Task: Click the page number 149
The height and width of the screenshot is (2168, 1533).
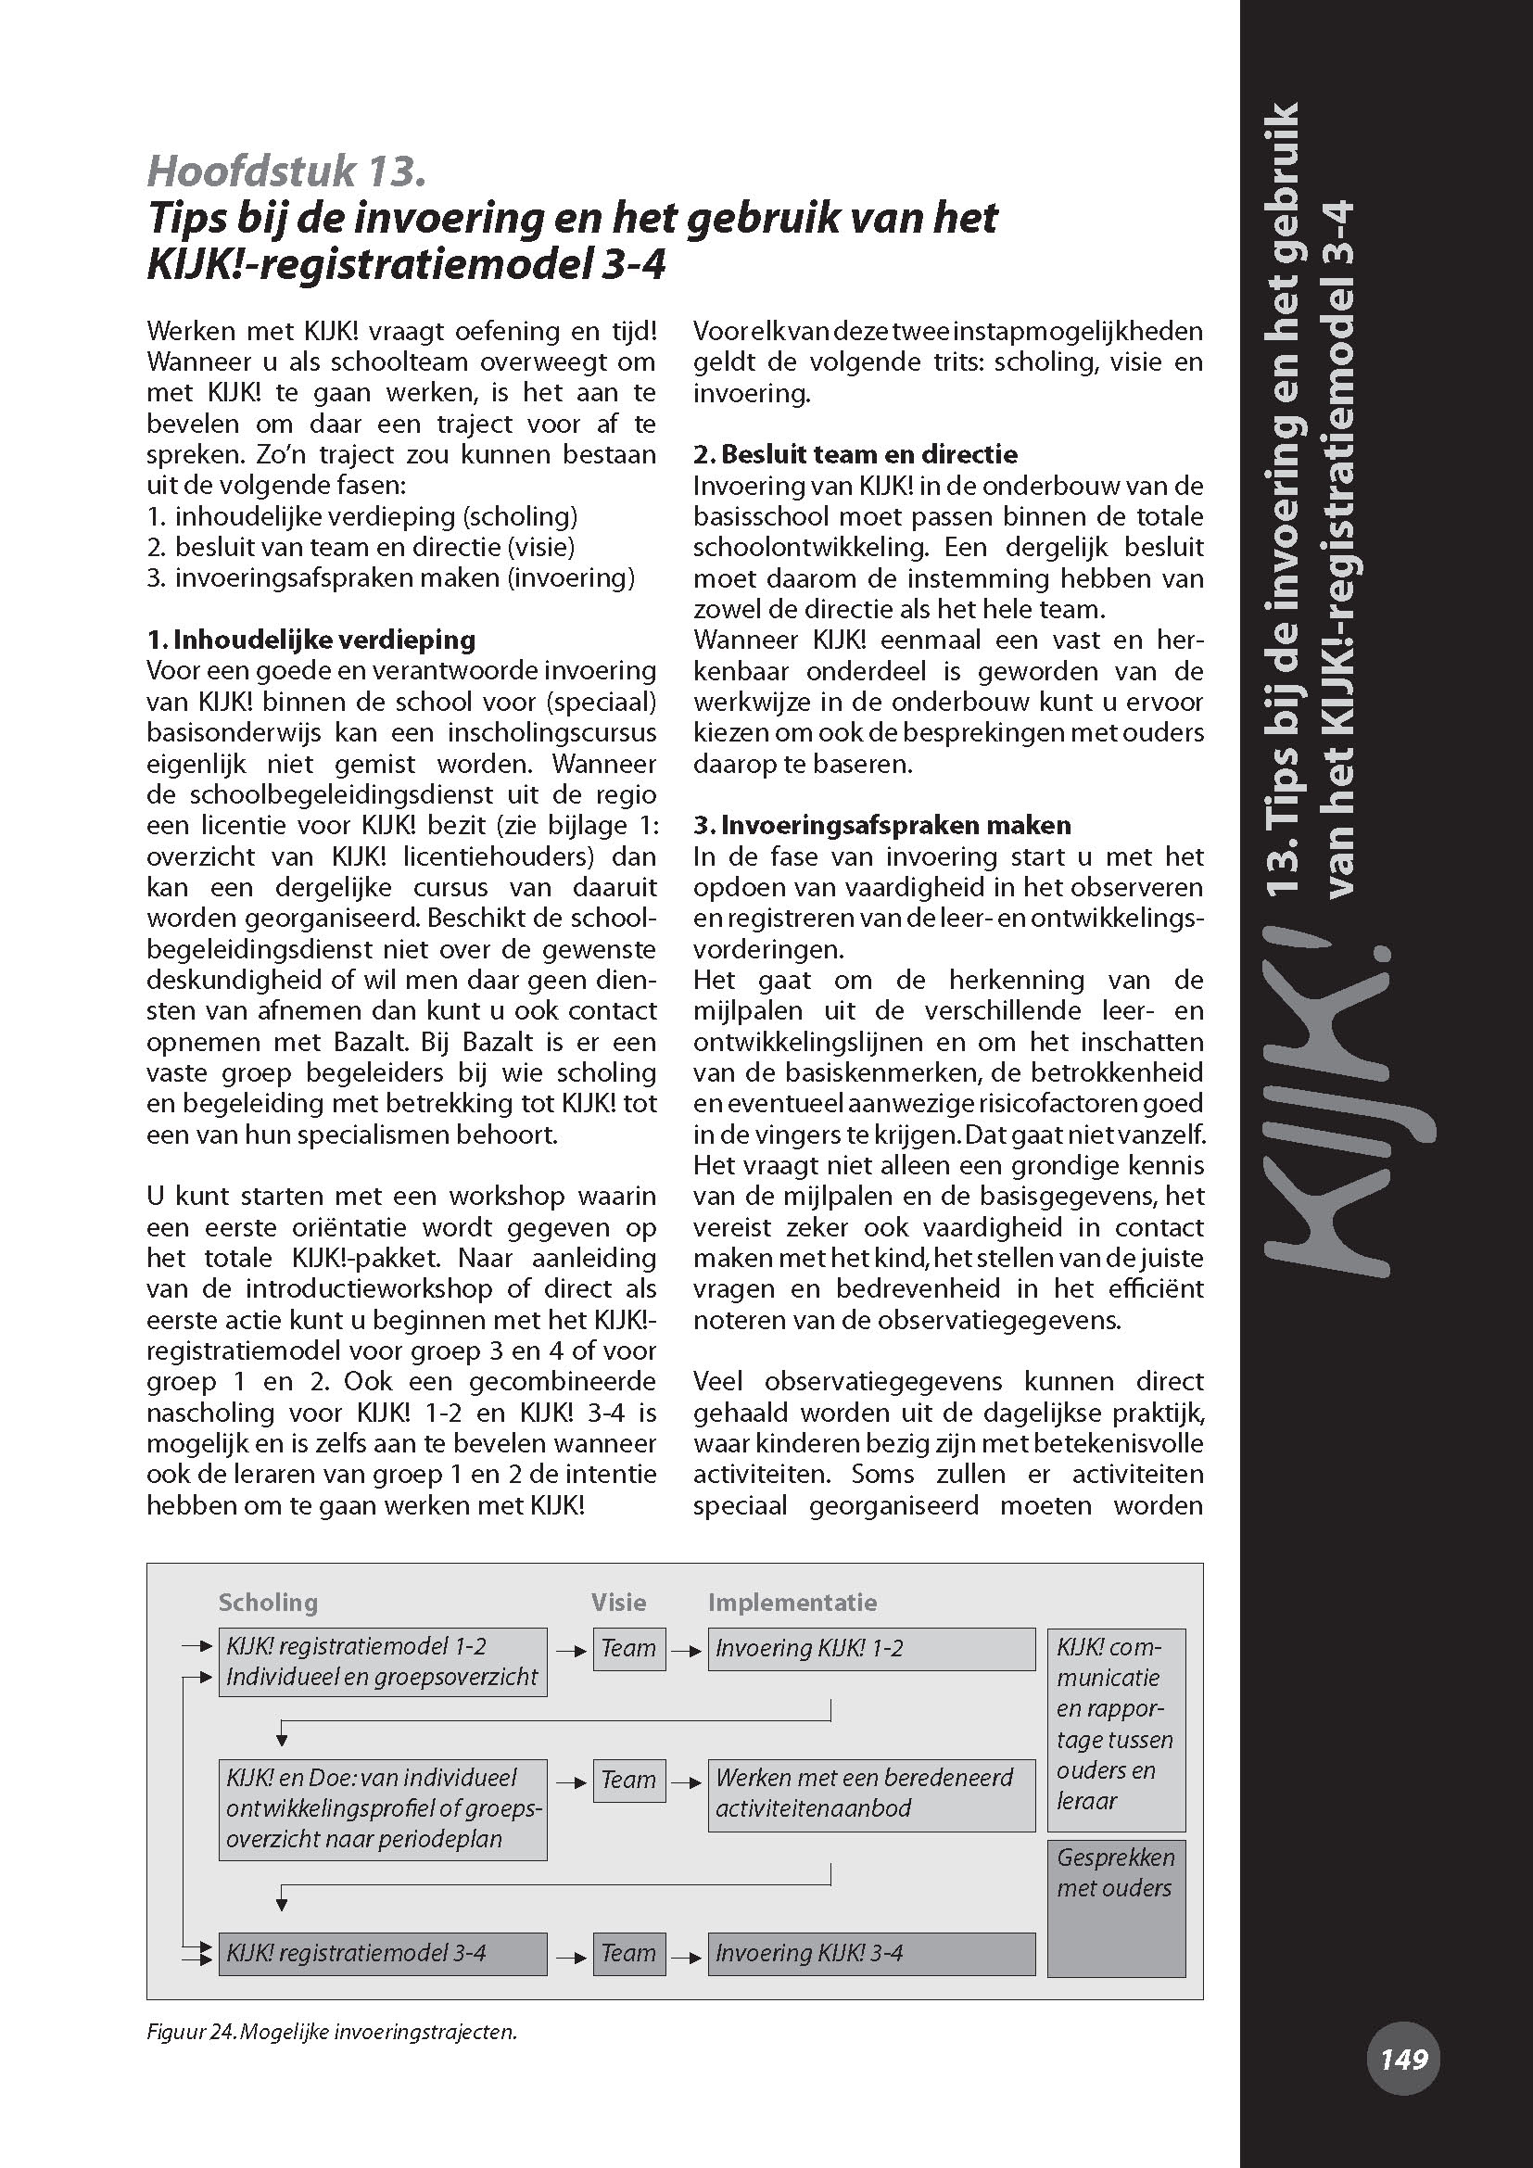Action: tap(1403, 2059)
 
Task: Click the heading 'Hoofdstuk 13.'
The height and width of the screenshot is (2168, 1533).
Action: tap(287, 171)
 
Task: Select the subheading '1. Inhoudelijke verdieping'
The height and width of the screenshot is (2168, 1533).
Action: tap(311, 640)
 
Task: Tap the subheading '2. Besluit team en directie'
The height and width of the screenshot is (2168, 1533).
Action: tap(855, 454)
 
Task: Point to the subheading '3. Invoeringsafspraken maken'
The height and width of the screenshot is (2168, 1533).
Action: tap(881, 825)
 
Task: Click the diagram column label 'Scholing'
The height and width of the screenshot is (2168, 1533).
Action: tap(268, 1602)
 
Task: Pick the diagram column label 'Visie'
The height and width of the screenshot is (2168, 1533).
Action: tap(618, 1602)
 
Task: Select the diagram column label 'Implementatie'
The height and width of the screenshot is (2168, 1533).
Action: tap(792, 1602)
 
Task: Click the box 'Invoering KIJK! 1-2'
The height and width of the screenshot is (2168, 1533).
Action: tap(871, 1649)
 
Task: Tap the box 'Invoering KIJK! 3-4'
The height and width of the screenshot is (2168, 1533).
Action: tap(871, 1953)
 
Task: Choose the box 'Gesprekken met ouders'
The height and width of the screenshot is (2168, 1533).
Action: tap(1116, 1908)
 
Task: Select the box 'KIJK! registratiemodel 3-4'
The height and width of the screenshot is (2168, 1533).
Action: tap(382, 1953)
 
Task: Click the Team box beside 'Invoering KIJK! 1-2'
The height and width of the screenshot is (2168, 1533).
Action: tap(628, 1649)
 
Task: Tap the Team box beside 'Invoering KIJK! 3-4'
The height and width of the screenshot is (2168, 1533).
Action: tap(628, 1953)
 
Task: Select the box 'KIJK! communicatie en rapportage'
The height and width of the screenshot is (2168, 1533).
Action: tap(1116, 1729)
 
